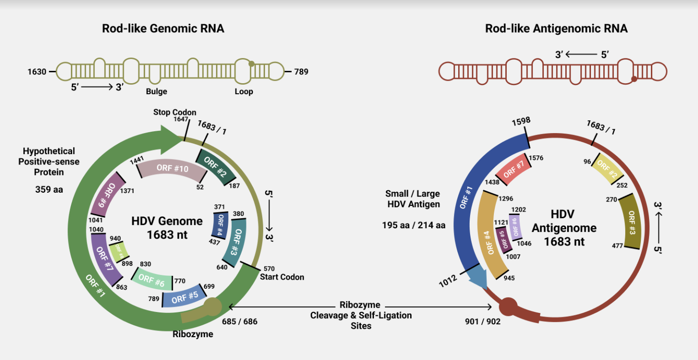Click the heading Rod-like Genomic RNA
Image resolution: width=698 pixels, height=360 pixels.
coord(163,29)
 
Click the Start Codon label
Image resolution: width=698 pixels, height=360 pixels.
coord(282,277)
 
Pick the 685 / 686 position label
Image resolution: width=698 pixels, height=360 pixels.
coord(239,321)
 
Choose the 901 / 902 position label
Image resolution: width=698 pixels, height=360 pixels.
coord(482,321)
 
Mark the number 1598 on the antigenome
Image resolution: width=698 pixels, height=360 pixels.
coord(520,121)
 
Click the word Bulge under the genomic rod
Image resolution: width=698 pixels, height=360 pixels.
coord(157,91)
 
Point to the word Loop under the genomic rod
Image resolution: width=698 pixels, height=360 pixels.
coord(244,91)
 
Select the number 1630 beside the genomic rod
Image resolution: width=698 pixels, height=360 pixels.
coord(37,72)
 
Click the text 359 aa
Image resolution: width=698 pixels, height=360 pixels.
coord(49,189)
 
